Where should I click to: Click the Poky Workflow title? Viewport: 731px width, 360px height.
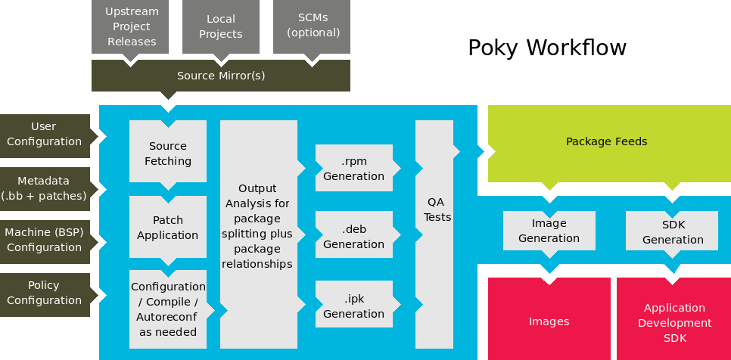(x=546, y=48)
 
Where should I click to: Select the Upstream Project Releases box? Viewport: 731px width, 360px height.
(x=132, y=27)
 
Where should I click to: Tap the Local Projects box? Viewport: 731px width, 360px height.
(x=220, y=27)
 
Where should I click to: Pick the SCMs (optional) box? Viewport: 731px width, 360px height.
(x=312, y=27)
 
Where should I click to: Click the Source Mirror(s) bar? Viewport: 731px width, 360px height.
(x=220, y=76)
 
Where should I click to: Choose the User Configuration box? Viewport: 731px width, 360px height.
(x=45, y=134)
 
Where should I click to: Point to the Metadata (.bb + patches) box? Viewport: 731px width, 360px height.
(x=45, y=188)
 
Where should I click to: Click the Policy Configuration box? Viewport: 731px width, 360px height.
(x=45, y=293)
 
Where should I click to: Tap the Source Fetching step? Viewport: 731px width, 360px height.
(x=167, y=153)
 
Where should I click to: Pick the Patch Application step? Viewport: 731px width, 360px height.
(x=167, y=227)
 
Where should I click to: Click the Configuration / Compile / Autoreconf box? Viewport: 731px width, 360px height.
(x=167, y=309)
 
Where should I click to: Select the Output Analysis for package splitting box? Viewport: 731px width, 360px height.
(x=258, y=226)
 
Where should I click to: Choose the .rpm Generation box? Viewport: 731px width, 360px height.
(x=353, y=169)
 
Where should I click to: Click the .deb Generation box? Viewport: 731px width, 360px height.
(x=353, y=236)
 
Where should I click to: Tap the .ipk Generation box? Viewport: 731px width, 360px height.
(x=353, y=306)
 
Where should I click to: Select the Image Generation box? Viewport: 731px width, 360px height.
(x=549, y=231)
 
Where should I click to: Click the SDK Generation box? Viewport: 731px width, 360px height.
(x=672, y=231)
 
